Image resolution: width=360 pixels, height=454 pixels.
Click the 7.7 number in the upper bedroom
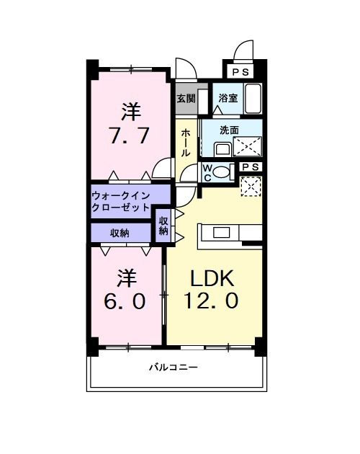[x=130, y=136]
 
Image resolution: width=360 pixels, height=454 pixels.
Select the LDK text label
[x=212, y=279]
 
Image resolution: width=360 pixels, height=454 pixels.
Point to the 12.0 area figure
[x=213, y=302]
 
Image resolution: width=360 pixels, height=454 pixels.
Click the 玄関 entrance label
[x=186, y=99]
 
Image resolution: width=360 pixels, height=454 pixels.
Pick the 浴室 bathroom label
[x=228, y=99]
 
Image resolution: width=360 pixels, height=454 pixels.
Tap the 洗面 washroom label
[x=229, y=130]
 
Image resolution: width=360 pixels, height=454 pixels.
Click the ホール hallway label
[x=186, y=143]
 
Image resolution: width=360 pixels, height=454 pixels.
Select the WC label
[x=207, y=173]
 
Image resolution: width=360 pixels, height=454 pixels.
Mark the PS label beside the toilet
[x=251, y=167]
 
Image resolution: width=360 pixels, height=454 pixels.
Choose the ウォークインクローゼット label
[x=120, y=201]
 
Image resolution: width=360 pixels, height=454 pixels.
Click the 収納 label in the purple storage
[x=120, y=233]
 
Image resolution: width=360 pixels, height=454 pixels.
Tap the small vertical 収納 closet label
[x=163, y=226]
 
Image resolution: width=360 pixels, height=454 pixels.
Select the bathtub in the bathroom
[x=253, y=98]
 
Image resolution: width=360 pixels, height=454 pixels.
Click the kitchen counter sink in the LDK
[x=220, y=232]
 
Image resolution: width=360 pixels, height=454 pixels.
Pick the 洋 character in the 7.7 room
[x=130, y=112]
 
